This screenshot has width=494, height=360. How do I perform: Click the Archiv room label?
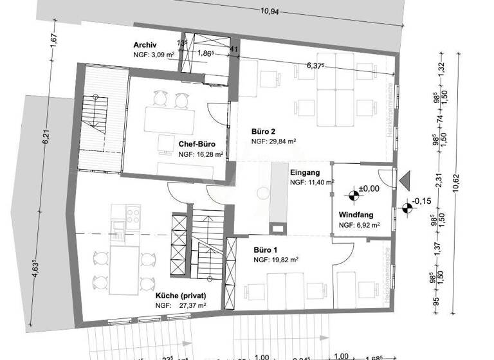click(x=146, y=45)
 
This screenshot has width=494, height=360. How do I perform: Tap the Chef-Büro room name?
click(x=196, y=144)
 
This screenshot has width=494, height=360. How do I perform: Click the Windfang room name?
click(x=356, y=215)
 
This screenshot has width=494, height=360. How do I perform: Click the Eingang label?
click(x=305, y=172)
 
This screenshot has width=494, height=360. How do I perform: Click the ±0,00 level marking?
click(x=369, y=188)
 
